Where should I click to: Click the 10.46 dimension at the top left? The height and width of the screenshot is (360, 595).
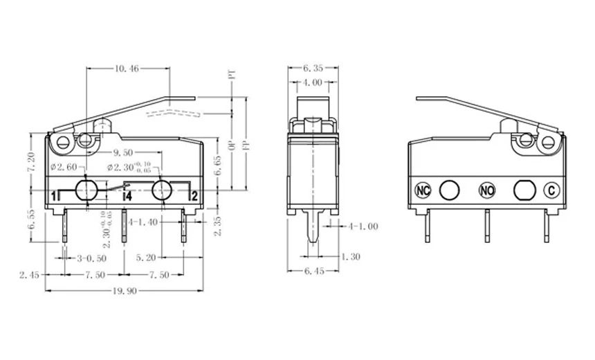point(127,69)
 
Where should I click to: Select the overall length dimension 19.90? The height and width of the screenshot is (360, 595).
point(125,291)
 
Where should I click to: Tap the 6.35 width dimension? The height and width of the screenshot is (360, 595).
point(313,68)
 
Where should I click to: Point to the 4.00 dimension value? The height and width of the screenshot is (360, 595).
point(313,82)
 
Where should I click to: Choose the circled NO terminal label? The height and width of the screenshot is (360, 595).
point(487,189)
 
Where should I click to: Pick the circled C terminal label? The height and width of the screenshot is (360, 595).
point(551,189)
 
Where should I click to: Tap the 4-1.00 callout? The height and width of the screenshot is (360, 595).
point(363,226)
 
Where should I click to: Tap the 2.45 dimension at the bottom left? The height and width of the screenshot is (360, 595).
point(28,275)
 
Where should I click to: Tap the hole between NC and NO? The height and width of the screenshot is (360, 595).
point(450,189)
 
